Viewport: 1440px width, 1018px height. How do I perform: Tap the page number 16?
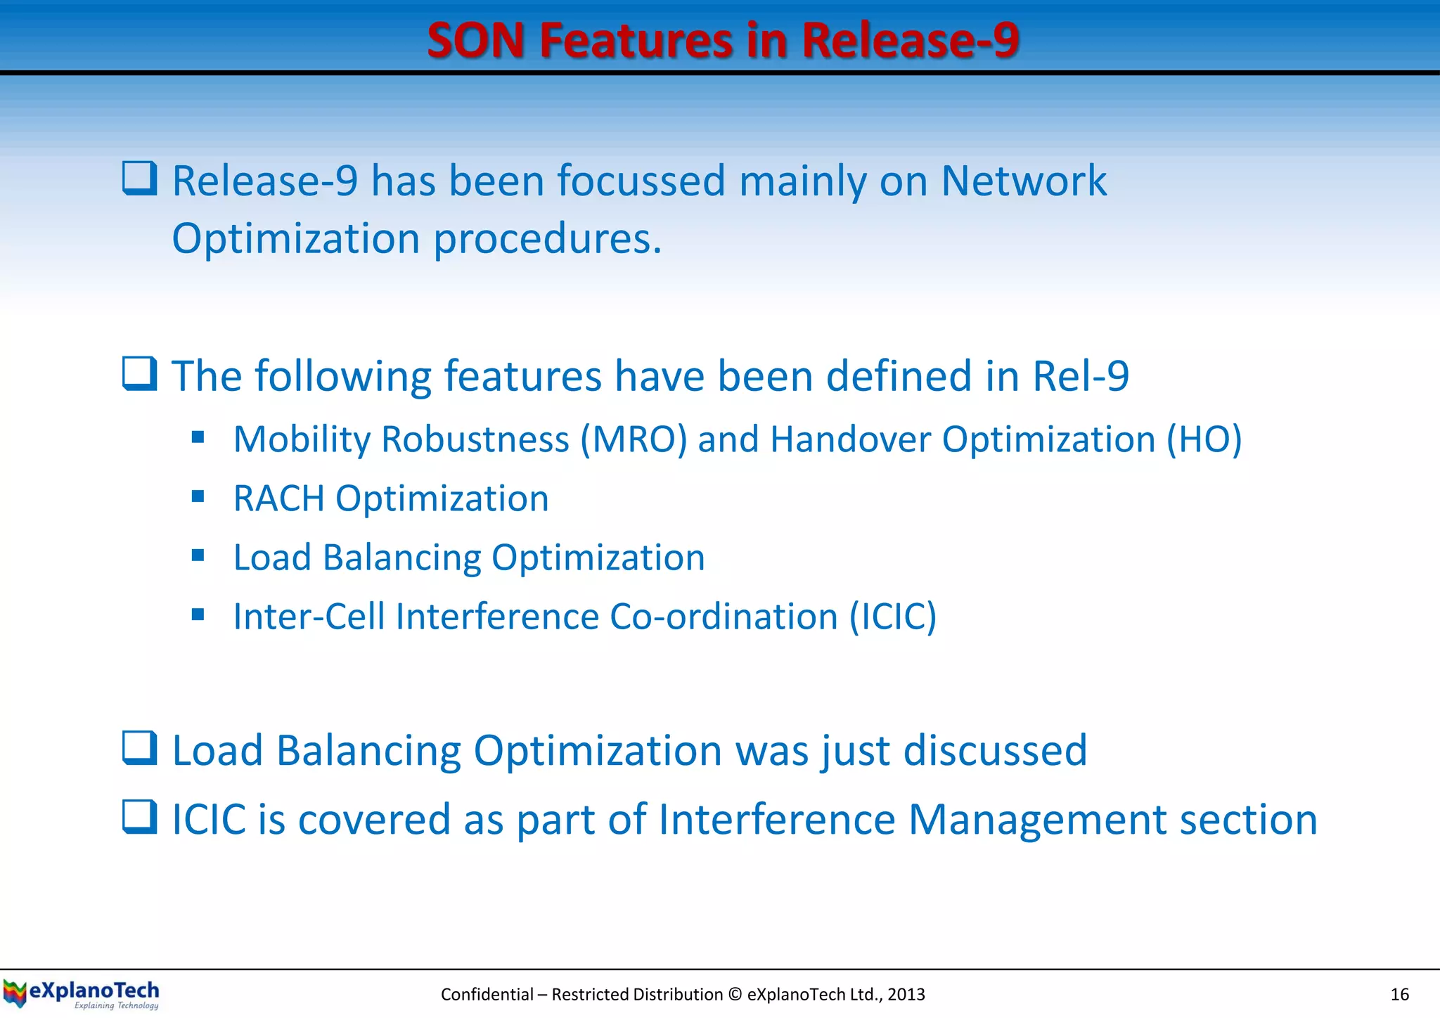(1399, 994)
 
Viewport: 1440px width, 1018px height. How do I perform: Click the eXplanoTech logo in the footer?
(82, 994)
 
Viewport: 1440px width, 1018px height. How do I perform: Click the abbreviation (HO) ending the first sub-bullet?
(1204, 439)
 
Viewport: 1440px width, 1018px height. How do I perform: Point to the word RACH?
(278, 498)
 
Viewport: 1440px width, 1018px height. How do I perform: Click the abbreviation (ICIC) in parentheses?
(892, 617)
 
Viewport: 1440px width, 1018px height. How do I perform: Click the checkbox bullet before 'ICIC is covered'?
(139, 817)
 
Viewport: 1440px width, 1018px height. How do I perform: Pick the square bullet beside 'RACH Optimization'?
(198, 497)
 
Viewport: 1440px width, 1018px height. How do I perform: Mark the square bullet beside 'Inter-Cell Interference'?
(198, 615)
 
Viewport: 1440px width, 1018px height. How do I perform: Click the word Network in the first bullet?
(1024, 181)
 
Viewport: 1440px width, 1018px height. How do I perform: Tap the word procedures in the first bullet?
(547, 239)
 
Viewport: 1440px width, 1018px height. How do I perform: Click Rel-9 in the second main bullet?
(1080, 375)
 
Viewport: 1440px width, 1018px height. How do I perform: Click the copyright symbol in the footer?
(735, 994)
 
